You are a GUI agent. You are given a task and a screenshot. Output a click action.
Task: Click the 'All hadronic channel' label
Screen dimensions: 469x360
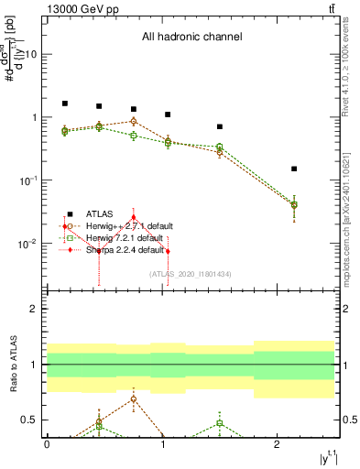(x=191, y=38)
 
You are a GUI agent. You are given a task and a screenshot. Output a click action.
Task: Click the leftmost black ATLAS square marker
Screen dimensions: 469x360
(x=64, y=104)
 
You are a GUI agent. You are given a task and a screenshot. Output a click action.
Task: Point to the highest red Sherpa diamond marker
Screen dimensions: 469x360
(x=134, y=218)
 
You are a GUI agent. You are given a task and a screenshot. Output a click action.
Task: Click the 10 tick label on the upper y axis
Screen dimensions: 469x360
(x=30, y=54)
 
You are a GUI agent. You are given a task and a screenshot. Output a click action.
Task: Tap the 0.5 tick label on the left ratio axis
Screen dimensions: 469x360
(x=30, y=420)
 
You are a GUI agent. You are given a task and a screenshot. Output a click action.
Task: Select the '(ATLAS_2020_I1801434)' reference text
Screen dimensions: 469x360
(x=190, y=273)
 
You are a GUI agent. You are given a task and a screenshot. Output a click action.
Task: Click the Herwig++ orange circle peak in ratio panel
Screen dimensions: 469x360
(x=134, y=399)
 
